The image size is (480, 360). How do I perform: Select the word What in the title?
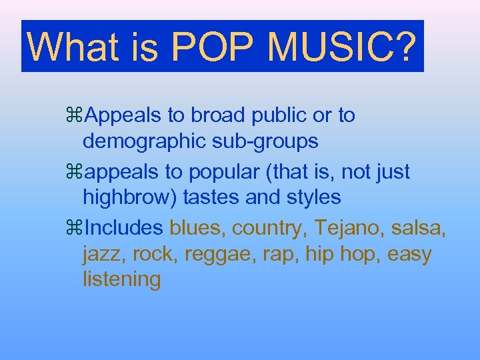point(69,47)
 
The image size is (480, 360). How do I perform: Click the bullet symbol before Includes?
point(75,228)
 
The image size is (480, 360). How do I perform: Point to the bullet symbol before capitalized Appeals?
point(75,115)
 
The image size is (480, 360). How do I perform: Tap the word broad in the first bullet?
point(219,115)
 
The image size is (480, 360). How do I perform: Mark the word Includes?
point(124,228)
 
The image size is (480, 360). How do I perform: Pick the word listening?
point(121,280)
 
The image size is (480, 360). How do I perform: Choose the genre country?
point(272,228)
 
